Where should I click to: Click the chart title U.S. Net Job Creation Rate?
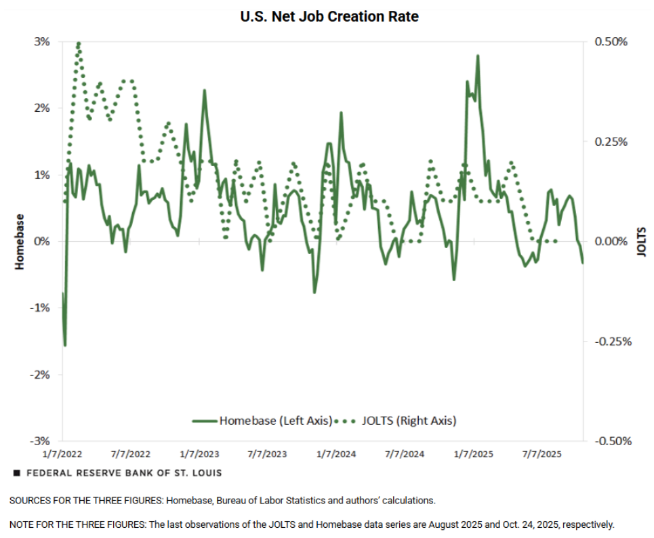click(329, 16)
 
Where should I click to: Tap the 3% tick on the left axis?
click(41, 41)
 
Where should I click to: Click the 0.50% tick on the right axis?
click(611, 41)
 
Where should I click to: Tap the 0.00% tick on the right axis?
click(611, 241)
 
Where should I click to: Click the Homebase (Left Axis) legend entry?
click(275, 421)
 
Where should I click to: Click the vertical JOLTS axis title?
click(642, 242)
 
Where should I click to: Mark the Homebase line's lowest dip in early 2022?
click(65, 345)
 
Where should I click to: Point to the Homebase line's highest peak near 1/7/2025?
click(478, 56)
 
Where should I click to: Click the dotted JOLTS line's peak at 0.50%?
click(79, 43)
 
